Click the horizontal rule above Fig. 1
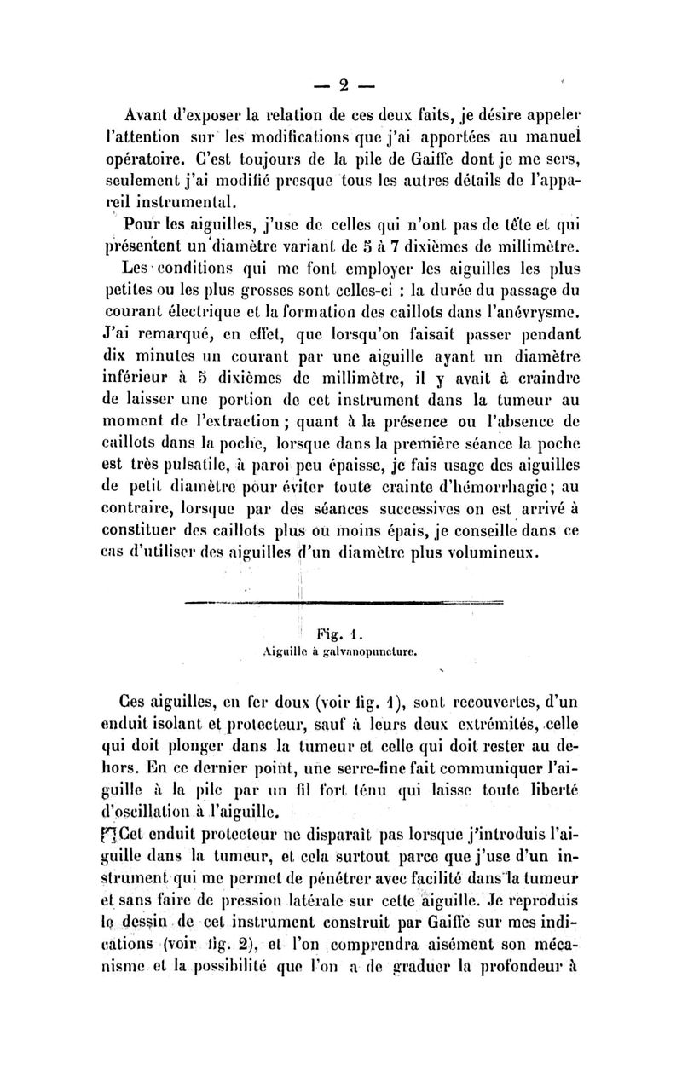coord(341,605)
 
